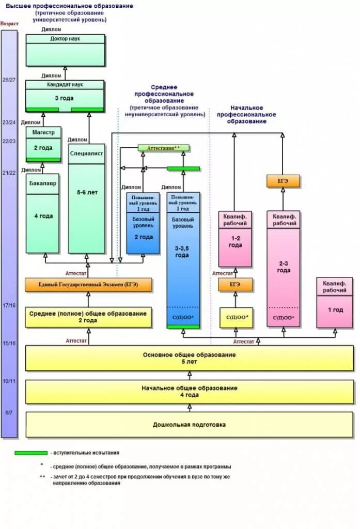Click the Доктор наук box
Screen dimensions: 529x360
click(x=65, y=50)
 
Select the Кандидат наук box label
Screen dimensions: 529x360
click(x=65, y=84)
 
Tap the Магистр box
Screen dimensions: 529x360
click(x=43, y=132)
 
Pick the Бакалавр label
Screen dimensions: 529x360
click(x=42, y=183)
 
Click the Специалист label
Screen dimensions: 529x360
click(x=86, y=153)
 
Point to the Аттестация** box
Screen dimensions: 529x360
click(x=163, y=148)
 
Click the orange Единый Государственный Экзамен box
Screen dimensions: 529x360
click(x=88, y=285)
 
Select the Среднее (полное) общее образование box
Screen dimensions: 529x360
click(x=88, y=317)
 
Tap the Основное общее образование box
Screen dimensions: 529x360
click(x=190, y=358)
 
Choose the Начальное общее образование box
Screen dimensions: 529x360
click(x=190, y=391)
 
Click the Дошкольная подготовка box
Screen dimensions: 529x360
click(x=190, y=425)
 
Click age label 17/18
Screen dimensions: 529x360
click(x=9, y=305)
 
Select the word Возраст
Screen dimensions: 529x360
click(x=9, y=24)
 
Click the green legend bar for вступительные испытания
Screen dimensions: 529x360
click(x=31, y=453)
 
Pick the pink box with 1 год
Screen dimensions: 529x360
click(x=335, y=309)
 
